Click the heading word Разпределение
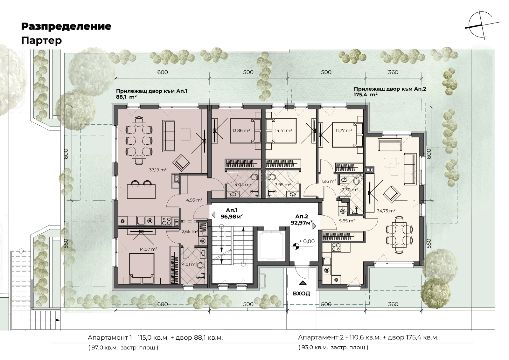[x=66, y=27]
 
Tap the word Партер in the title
[x=42, y=41]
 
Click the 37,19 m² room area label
[x=158, y=170]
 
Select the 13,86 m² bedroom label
[x=241, y=131]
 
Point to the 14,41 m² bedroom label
[x=283, y=131]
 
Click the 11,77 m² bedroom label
[x=344, y=131]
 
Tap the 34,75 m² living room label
[x=386, y=211]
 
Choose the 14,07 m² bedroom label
[x=148, y=249]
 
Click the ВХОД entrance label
[x=302, y=294]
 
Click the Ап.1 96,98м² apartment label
[x=232, y=213]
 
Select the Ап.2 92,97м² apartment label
[x=302, y=220]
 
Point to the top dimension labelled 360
[x=393, y=72]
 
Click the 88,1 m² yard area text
[x=126, y=97]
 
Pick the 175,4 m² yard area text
[x=366, y=95]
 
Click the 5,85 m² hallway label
[x=347, y=221]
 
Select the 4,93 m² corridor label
[x=194, y=200]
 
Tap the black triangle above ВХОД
[x=302, y=283]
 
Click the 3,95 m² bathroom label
[x=283, y=185]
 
